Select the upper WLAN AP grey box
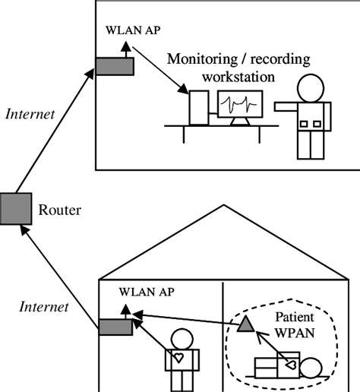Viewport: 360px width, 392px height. (x=114, y=67)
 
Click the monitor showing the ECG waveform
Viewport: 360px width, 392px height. (x=239, y=105)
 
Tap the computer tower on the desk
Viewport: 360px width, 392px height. (x=200, y=107)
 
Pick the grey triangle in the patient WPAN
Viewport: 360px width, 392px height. (x=245, y=325)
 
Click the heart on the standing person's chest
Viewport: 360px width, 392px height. (x=179, y=355)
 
